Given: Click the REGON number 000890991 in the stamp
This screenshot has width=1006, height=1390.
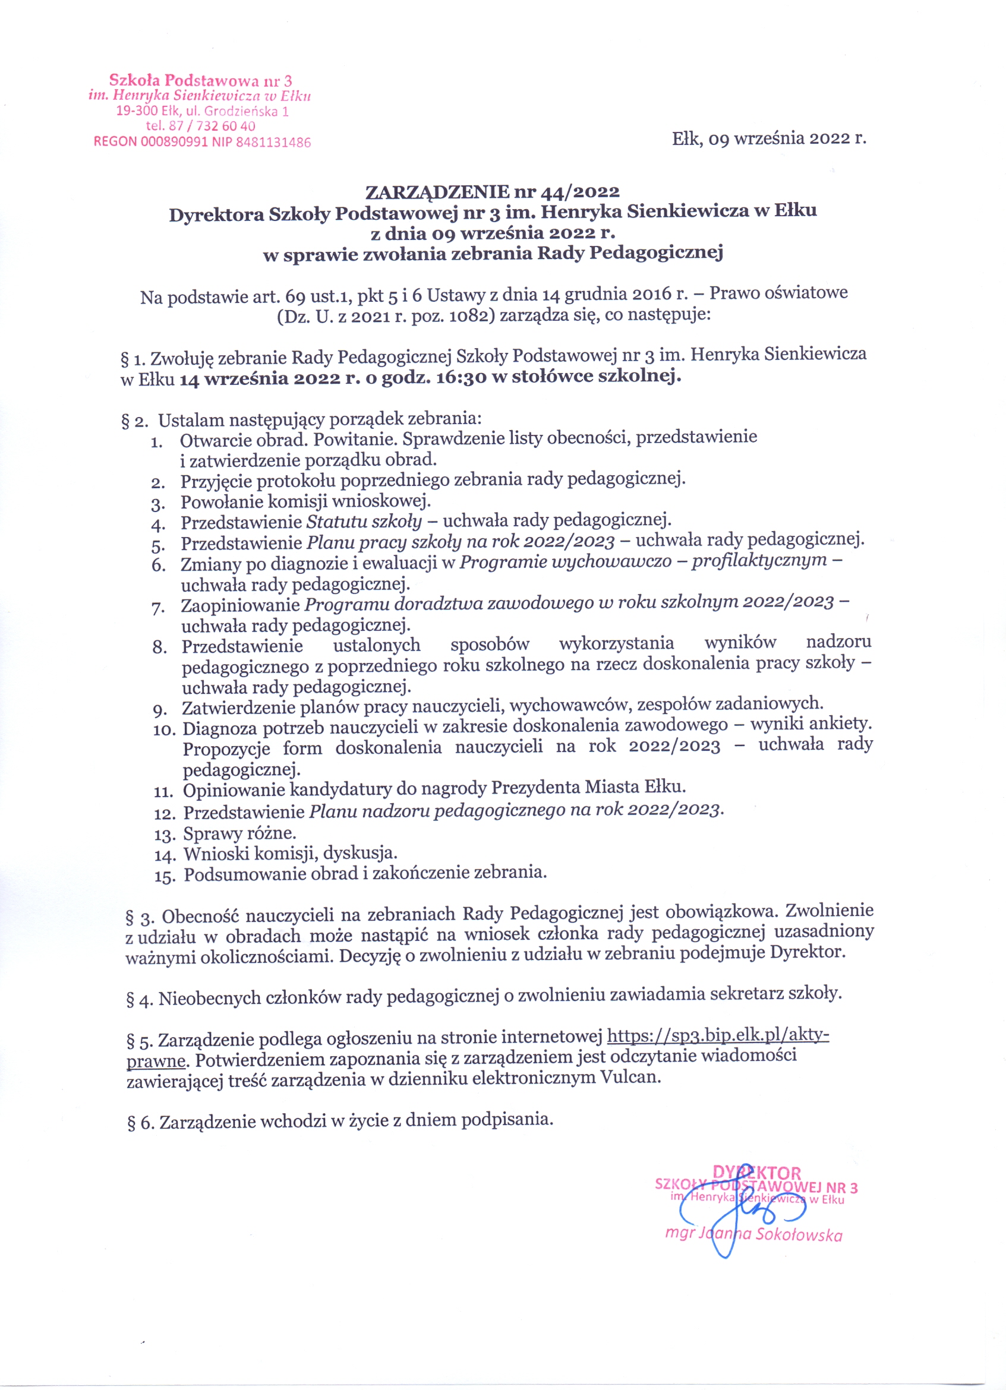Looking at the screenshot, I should [174, 143].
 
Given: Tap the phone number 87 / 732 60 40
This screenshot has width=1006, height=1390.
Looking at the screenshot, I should [211, 127].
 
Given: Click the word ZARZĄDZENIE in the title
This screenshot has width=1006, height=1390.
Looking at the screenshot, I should [437, 192].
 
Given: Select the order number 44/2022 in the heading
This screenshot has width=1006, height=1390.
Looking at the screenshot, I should [580, 192].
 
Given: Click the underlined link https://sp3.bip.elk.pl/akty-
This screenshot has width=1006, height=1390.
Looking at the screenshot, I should [718, 1035].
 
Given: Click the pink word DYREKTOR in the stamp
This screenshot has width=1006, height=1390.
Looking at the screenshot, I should [757, 1173].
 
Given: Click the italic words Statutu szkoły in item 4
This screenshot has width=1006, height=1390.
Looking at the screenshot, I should [364, 522].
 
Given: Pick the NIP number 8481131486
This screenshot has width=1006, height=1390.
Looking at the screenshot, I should [273, 143].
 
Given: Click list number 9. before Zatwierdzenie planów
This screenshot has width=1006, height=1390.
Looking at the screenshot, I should [160, 710].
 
